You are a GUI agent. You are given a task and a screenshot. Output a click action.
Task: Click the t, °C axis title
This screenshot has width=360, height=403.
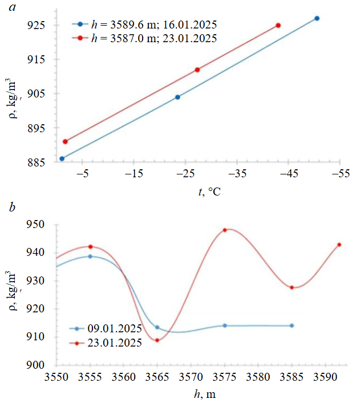point(209,192)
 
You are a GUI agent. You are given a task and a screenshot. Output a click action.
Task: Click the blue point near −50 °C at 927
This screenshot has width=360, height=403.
point(317,18)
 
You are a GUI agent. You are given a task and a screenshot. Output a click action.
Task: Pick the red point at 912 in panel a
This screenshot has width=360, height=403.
point(197,70)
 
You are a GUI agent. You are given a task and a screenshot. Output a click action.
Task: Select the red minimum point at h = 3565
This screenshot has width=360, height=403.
point(157,340)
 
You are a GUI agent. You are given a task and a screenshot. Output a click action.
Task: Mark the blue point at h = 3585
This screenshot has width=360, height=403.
point(292,325)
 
